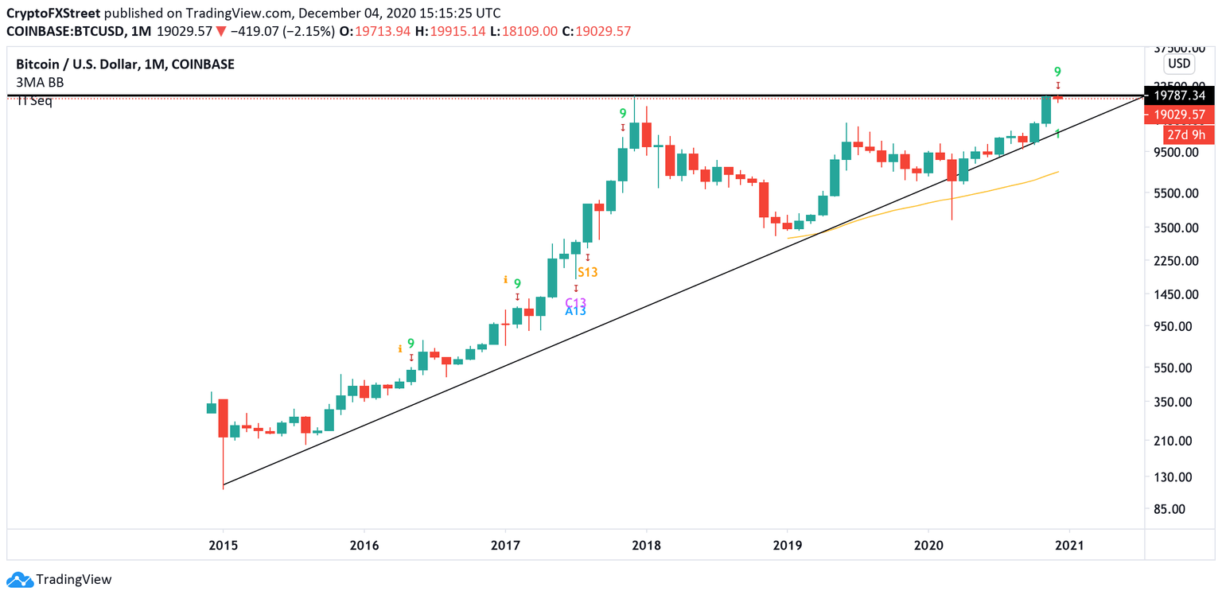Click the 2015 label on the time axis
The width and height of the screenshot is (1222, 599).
223,546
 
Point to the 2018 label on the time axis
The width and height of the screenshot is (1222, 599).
646,546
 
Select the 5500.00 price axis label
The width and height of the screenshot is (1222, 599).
1177,193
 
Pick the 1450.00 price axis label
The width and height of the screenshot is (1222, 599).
1177,294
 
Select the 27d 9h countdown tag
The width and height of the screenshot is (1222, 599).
1190,134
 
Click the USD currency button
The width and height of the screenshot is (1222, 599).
1178,64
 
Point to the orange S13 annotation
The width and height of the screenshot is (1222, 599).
587,272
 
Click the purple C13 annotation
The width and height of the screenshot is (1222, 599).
575,302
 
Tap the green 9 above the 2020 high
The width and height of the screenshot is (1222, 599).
1057,72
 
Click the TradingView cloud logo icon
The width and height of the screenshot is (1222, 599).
20,579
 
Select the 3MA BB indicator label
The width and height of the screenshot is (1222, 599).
40,82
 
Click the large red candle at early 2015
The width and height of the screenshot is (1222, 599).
223,418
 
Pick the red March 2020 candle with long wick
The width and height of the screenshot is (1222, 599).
952,170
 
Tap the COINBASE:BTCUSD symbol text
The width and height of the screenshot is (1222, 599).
66,31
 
